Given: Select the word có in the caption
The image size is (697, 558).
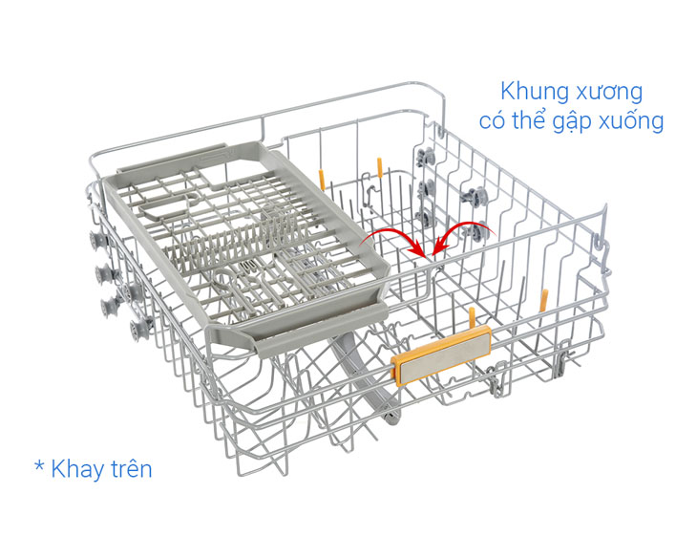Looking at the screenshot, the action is pos(492,121).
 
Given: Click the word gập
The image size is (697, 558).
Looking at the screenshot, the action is pos(573,122).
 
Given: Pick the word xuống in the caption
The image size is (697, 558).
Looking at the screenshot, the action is pos(631,120).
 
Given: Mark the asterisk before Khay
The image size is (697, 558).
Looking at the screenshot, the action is pos(39,466).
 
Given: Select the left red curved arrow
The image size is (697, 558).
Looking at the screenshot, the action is pos(393,242).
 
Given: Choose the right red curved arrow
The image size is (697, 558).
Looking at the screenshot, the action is pos(462,233).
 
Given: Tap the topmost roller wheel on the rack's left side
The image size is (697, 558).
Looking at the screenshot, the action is pos(97,241).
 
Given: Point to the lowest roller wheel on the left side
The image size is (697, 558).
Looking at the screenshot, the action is pos(138,330).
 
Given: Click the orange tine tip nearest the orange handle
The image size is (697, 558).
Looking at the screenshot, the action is pos(472,317).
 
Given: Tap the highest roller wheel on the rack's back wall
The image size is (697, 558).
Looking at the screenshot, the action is pos(426,158).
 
